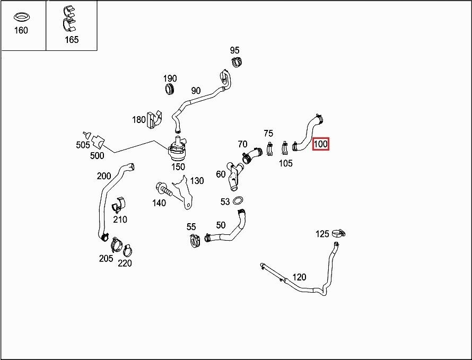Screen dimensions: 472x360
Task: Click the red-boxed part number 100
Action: point(320,144)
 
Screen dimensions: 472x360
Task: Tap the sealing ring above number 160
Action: point(21,17)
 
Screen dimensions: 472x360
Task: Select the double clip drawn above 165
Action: point(69,19)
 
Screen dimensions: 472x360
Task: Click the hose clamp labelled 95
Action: point(237,62)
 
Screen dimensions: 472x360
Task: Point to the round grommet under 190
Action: point(170,89)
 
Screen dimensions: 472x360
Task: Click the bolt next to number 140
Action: point(164,189)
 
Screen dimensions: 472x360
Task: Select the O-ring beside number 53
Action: point(238,200)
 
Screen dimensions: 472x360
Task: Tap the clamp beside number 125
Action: point(339,233)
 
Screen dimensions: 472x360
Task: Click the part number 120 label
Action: point(299,277)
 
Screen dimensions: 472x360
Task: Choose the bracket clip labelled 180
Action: point(154,119)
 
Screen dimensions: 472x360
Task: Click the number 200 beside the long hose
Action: point(104,176)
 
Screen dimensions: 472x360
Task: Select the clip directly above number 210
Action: point(119,205)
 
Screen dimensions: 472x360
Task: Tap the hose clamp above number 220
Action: point(128,250)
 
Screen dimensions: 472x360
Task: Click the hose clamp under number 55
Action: point(195,241)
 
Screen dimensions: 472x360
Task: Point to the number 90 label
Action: point(196,91)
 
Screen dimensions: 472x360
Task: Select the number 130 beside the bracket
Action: point(197,181)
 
